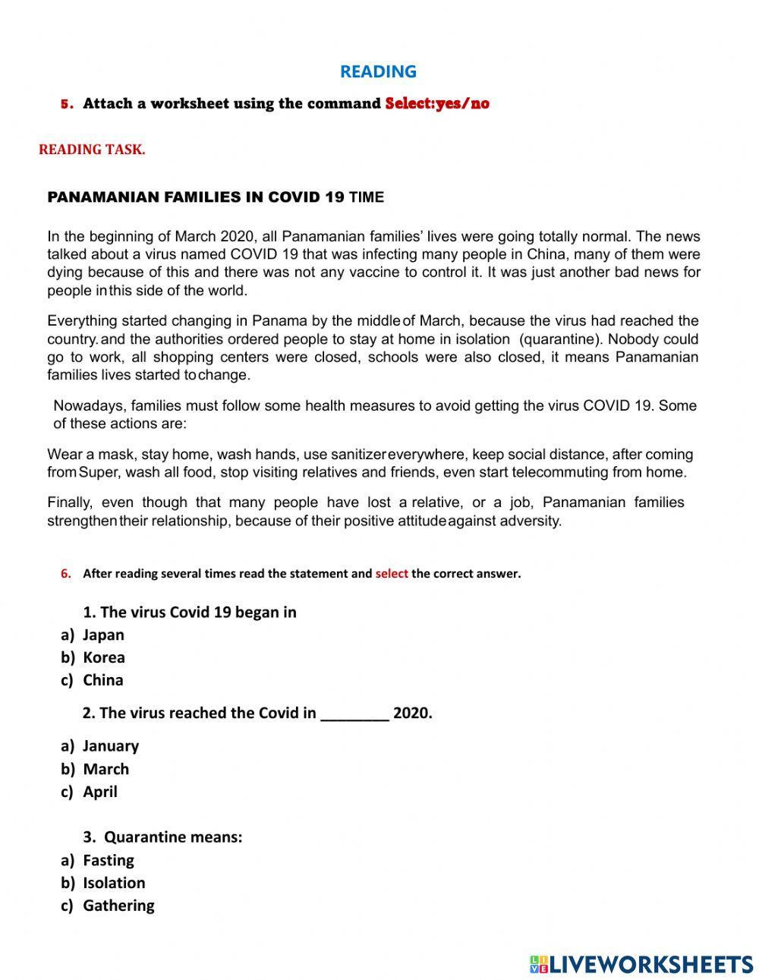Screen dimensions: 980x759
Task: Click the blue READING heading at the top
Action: [x=378, y=71]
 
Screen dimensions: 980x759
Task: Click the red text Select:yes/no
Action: [x=437, y=103]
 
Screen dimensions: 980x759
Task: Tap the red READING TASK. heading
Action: [x=92, y=150]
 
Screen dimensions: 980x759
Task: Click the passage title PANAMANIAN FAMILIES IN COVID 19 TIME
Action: [x=216, y=197]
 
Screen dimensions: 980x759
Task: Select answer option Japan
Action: [x=103, y=635]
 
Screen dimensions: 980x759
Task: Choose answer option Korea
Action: [x=104, y=657]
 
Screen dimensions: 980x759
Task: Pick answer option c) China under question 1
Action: [x=102, y=680]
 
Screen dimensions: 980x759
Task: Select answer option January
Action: [x=111, y=746]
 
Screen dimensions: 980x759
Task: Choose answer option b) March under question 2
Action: [x=106, y=769]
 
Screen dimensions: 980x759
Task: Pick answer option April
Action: [x=100, y=792]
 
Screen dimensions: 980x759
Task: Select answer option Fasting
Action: [x=109, y=860]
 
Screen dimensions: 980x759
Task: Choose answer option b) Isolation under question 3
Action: [x=114, y=883]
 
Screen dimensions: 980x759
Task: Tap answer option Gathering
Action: [x=118, y=906]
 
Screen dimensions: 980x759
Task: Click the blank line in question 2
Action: [x=355, y=714]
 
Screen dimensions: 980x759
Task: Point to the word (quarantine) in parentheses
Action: [x=560, y=339]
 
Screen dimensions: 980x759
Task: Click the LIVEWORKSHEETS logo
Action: [x=641, y=964]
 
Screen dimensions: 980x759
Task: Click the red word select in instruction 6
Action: [x=392, y=574]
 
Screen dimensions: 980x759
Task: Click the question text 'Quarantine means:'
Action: [x=173, y=837]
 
